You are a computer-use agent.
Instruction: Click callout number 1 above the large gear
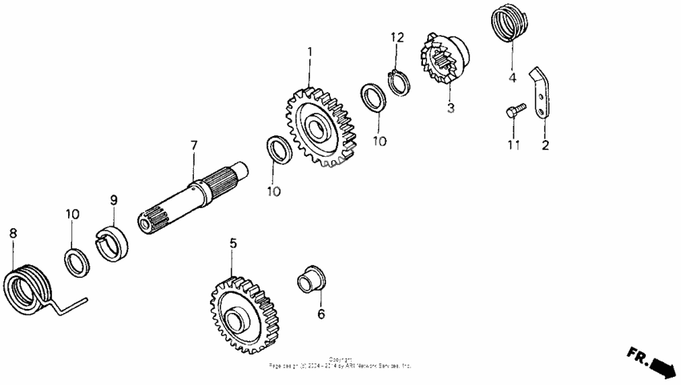[309, 53]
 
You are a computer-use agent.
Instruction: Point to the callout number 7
[193, 146]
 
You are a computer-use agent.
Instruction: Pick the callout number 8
[13, 233]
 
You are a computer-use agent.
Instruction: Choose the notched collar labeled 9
[112, 243]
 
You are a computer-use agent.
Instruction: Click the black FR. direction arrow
[663, 365]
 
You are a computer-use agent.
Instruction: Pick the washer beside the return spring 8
[76, 262]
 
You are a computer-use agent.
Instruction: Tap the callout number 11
[514, 145]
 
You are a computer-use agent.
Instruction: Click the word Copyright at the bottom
[340, 359]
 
